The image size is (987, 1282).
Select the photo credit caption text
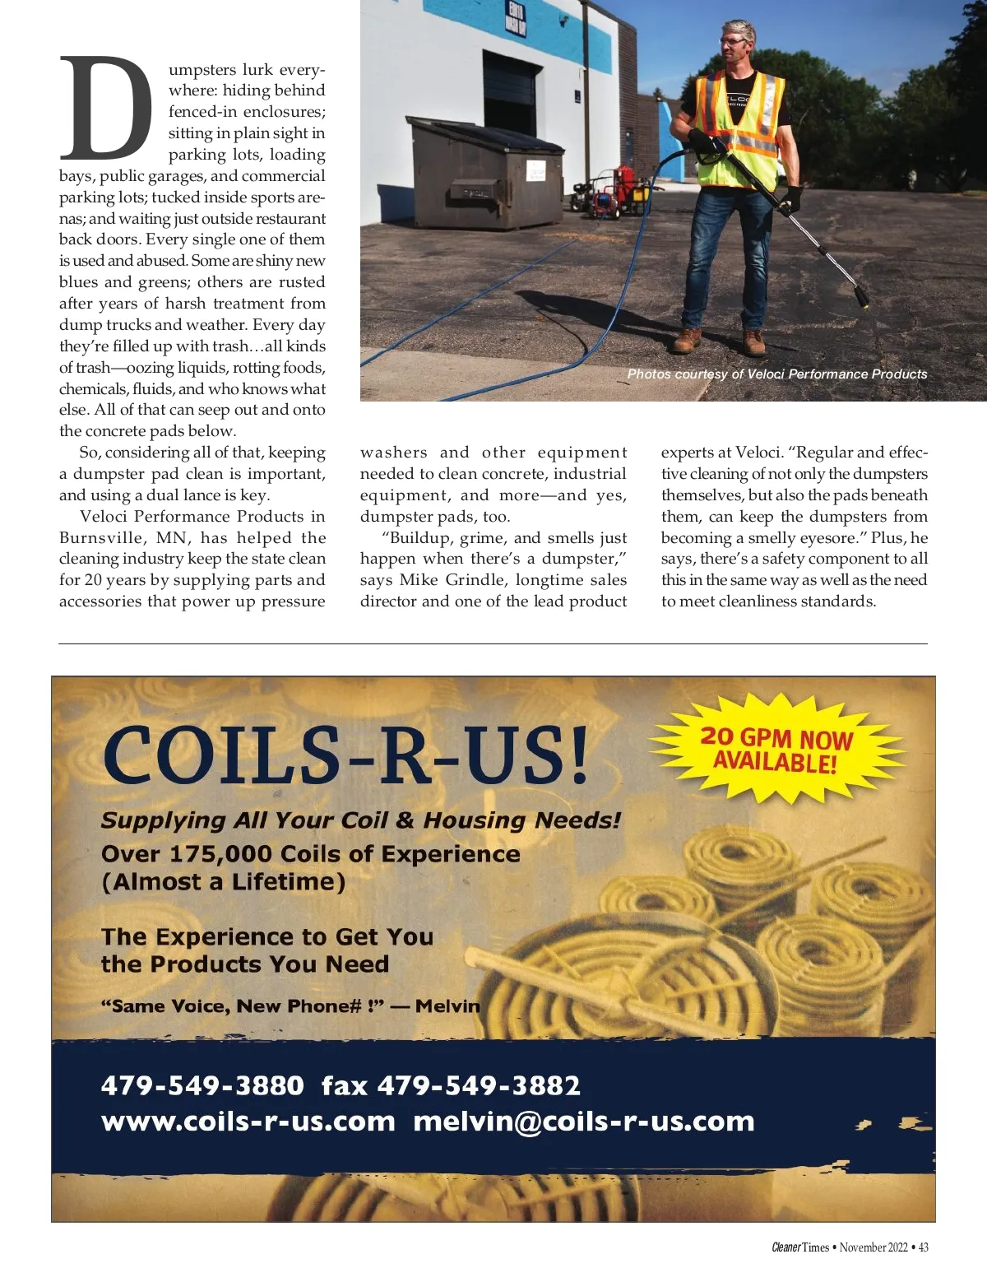[777, 374]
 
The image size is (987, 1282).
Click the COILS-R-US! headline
[345, 755]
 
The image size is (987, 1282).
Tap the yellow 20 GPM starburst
[776, 749]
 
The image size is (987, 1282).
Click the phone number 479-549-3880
[202, 1086]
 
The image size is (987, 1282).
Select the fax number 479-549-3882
[479, 1086]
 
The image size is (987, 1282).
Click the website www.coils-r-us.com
[248, 1122]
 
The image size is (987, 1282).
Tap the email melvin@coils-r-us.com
[583, 1122]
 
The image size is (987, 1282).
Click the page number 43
[923, 1247]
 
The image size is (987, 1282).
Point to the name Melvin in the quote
[447, 1006]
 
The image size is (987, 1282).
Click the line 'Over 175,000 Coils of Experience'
[310, 854]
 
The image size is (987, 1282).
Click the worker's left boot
[753, 341]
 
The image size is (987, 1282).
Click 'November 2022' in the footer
[873, 1247]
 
